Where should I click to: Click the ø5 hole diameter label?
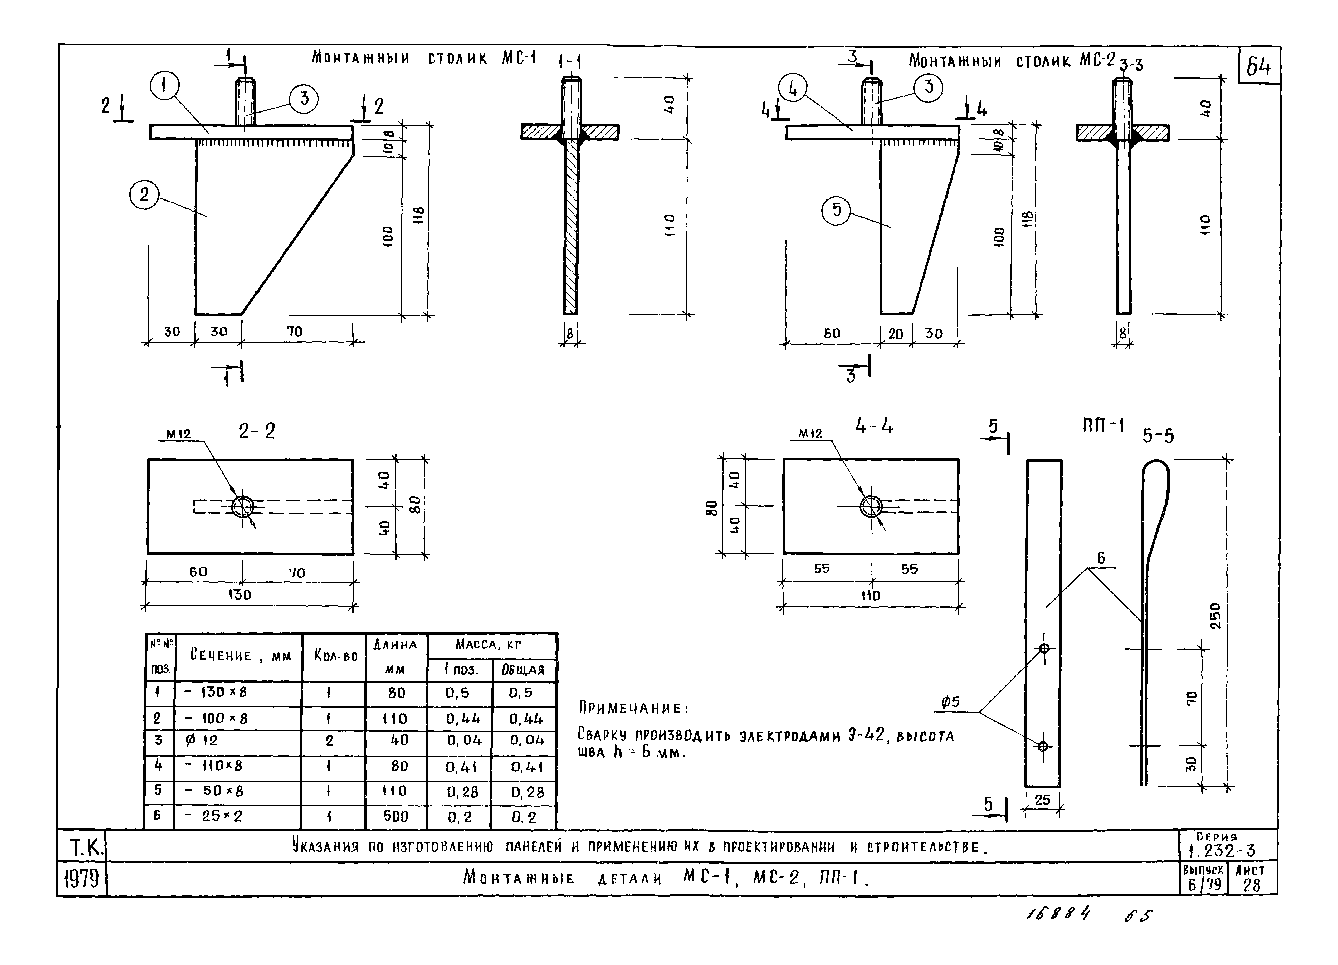tap(950, 702)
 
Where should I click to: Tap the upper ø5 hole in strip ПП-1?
tap(1044, 648)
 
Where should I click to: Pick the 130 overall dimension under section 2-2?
tap(240, 594)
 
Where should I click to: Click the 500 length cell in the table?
tap(395, 816)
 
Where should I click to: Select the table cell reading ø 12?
tap(202, 740)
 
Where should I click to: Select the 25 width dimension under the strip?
tap(1042, 800)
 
